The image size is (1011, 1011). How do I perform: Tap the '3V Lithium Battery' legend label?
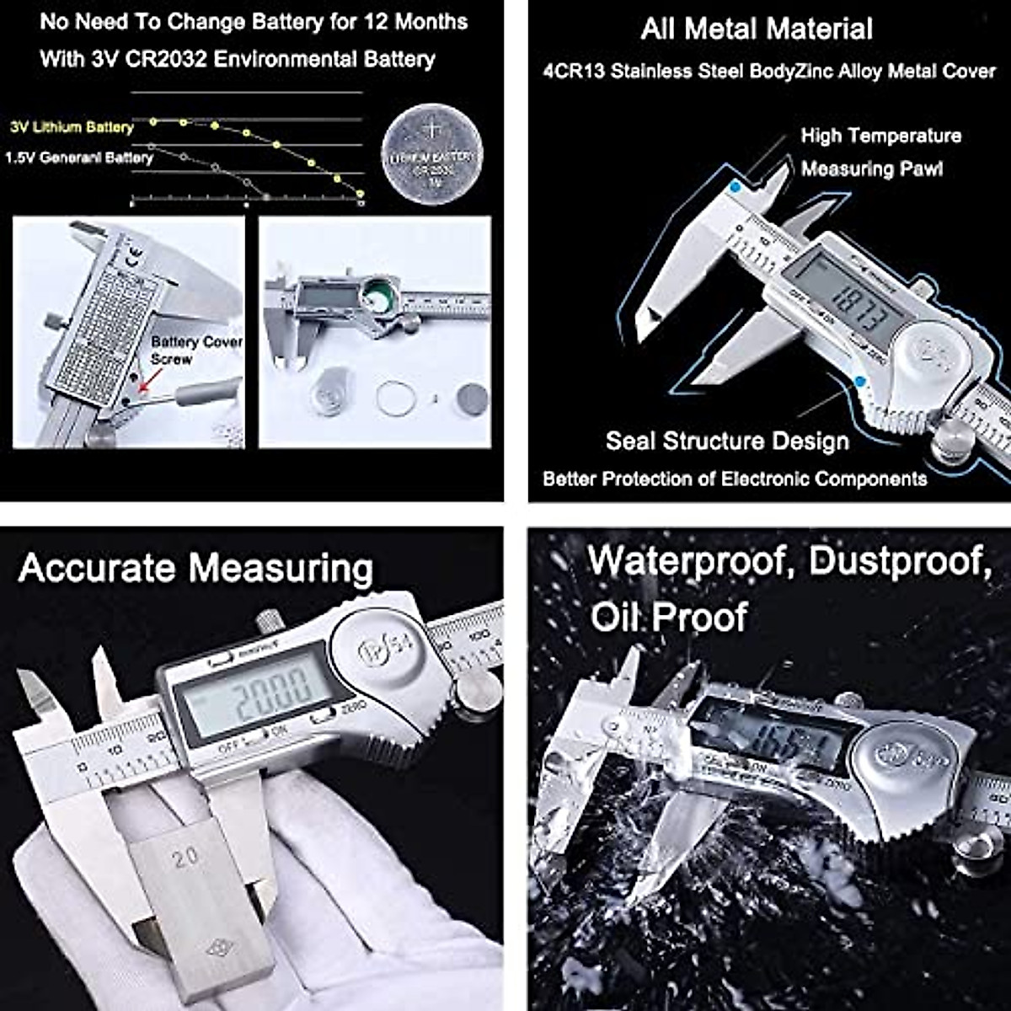pyautogui.click(x=72, y=127)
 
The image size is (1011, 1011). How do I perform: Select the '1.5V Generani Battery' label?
pyautogui.click(x=78, y=158)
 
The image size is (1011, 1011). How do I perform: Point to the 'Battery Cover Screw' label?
pyautogui.click(x=195, y=350)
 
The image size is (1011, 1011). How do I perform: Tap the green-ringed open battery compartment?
pyautogui.click(x=375, y=297)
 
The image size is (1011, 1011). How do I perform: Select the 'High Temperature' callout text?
pyautogui.click(x=880, y=136)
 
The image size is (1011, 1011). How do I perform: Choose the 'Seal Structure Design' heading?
pyautogui.click(x=727, y=441)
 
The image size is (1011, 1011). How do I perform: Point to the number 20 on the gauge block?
pyautogui.click(x=185, y=858)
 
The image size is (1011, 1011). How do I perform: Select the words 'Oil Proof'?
pyautogui.click(x=668, y=617)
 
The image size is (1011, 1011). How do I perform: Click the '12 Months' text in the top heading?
pyautogui.click(x=415, y=21)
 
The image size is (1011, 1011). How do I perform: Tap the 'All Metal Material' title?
pyautogui.click(x=756, y=29)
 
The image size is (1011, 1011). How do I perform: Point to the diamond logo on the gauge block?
pyautogui.click(x=220, y=949)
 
